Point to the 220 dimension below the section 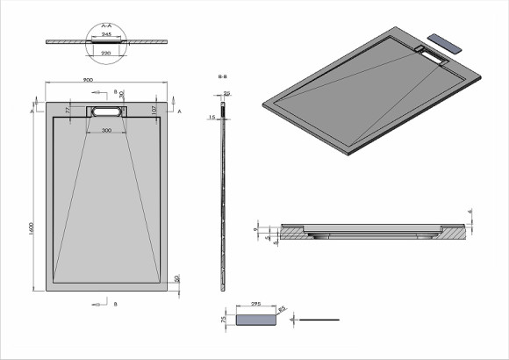106,52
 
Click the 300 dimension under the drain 105,131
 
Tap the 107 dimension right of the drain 154,110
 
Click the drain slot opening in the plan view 106,112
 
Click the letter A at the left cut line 34,113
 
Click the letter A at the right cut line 179,113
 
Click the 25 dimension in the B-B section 226,93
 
